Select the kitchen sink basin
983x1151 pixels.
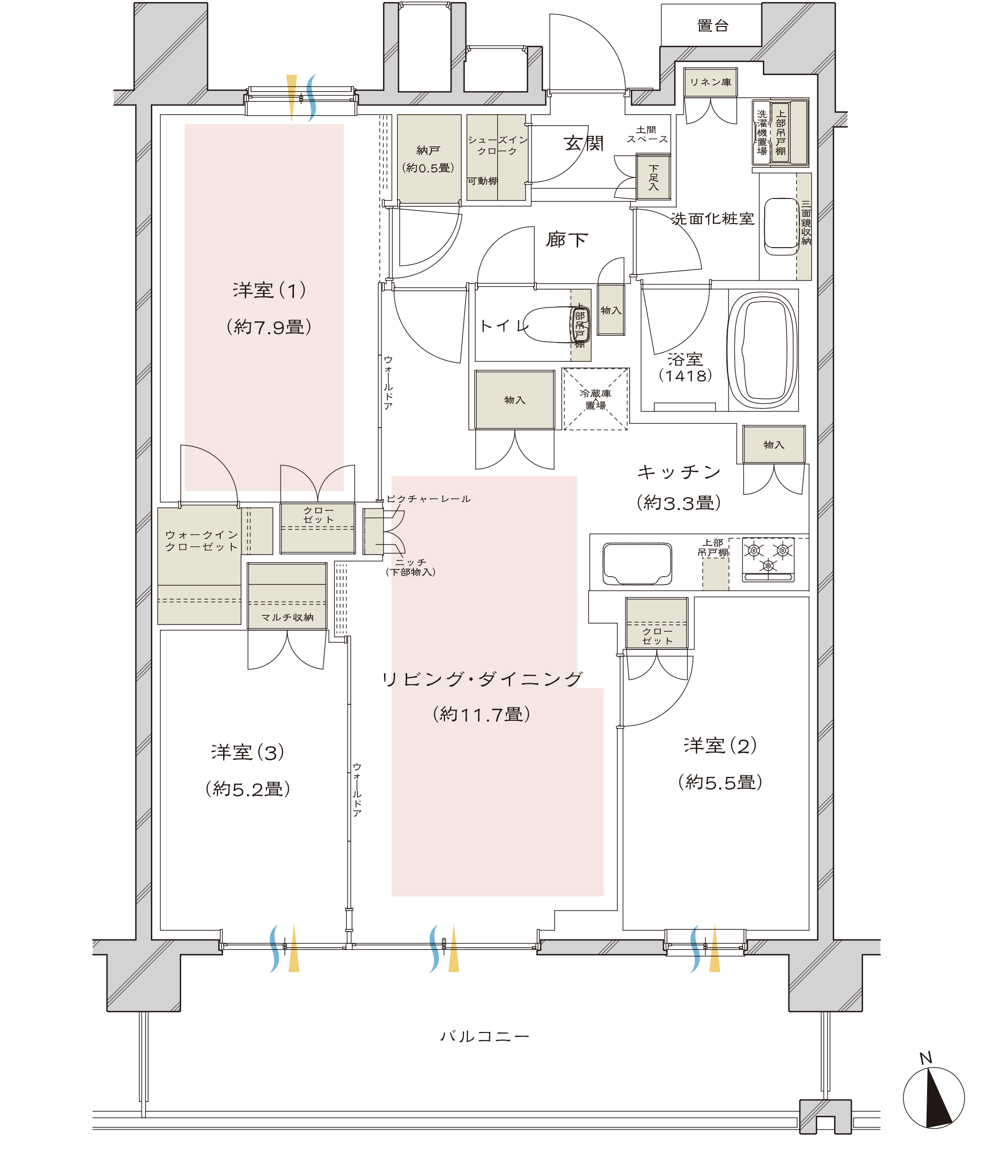click(637, 564)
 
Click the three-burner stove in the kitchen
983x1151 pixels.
click(768, 559)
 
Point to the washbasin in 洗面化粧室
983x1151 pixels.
click(781, 226)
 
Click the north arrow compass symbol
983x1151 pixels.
click(933, 1097)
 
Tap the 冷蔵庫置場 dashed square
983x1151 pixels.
click(595, 399)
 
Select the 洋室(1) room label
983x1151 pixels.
click(269, 290)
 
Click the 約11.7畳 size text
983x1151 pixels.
click(481, 714)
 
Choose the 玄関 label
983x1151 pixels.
click(583, 143)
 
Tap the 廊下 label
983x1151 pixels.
click(566, 239)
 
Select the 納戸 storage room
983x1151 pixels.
click(429, 159)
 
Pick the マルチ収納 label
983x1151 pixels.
click(287, 617)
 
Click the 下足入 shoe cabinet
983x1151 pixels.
click(653, 178)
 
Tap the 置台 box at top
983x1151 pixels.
click(711, 25)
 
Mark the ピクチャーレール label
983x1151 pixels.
click(428, 499)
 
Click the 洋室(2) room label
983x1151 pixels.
click(720, 745)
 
